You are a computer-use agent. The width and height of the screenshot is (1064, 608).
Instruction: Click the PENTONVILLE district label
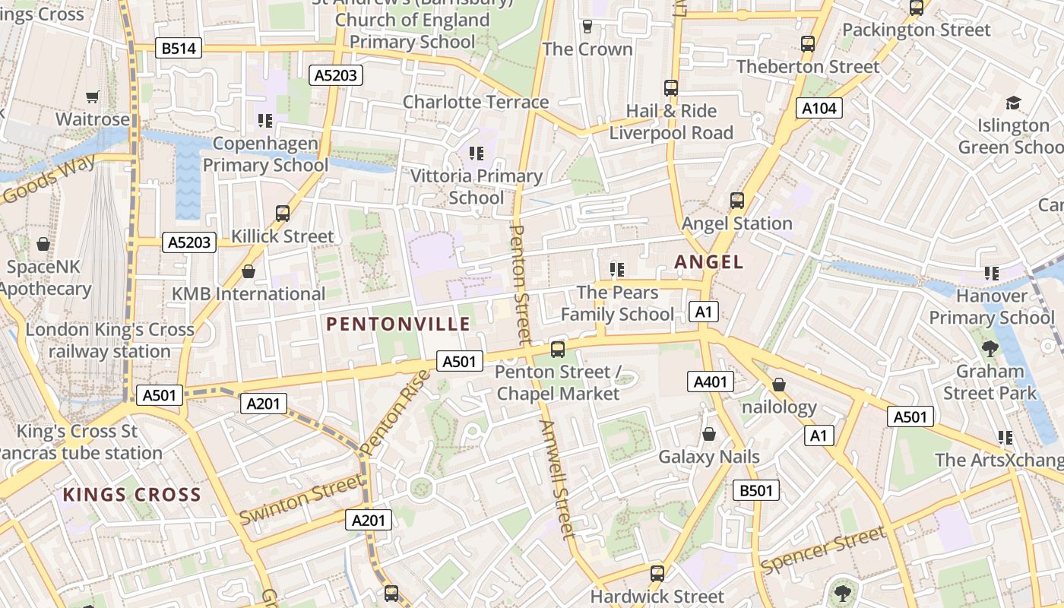(x=398, y=325)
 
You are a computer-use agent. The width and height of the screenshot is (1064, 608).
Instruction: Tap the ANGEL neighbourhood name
(x=708, y=262)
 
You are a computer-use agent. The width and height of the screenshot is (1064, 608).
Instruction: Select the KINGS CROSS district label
(x=131, y=495)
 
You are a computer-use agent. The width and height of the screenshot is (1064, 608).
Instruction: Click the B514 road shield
(x=179, y=49)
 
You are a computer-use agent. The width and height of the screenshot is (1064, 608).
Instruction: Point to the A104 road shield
(x=819, y=109)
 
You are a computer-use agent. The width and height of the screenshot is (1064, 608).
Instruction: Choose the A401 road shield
(x=711, y=382)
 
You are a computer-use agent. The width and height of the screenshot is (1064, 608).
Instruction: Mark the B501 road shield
(x=756, y=490)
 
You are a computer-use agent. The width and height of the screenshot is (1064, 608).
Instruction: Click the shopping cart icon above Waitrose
(x=93, y=97)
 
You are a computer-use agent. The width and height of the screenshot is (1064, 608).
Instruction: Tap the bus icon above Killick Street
(x=283, y=214)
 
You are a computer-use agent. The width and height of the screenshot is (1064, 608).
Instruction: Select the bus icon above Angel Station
(x=736, y=201)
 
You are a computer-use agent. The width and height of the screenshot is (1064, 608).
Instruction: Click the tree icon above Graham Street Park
(x=990, y=349)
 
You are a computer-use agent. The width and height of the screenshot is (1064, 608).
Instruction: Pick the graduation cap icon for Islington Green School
(x=1013, y=103)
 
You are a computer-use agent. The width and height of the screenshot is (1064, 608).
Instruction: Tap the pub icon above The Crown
(x=587, y=27)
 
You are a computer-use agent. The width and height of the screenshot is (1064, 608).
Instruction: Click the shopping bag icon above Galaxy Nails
(x=708, y=434)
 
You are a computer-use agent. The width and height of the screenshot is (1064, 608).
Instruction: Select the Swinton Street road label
(x=301, y=499)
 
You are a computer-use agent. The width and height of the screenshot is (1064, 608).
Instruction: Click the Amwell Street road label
(x=557, y=479)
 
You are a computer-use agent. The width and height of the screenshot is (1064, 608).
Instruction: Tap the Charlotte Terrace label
(x=476, y=102)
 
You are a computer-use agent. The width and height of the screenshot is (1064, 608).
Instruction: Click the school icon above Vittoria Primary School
(x=477, y=154)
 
